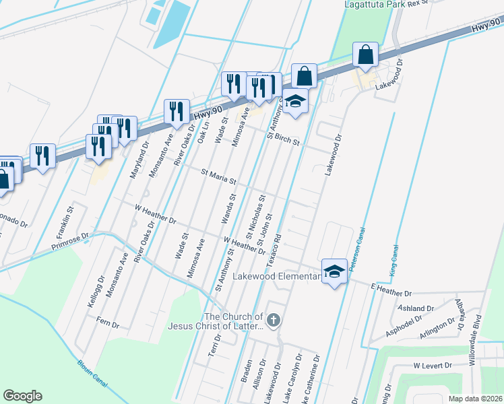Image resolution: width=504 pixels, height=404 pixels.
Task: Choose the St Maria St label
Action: pyautogui.click(x=219, y=177)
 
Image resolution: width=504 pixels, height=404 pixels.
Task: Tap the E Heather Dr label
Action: pyautogui.click(x=390, y=291)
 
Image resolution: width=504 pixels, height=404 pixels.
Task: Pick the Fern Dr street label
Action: pyautogui.click(x=108, y=324)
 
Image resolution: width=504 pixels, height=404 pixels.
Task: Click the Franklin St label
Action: pyautogui.click(x=65, y=216)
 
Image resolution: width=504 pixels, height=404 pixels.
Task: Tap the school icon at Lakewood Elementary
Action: pyautogui.click(x=334, y=271)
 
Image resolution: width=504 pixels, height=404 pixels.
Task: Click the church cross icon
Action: pyautogui.click(x=273, y=321)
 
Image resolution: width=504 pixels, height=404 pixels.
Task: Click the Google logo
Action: pyautogui.click(x=22, y=396)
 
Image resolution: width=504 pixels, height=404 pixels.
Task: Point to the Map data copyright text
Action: pyautogui.click(x=475, y=399)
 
